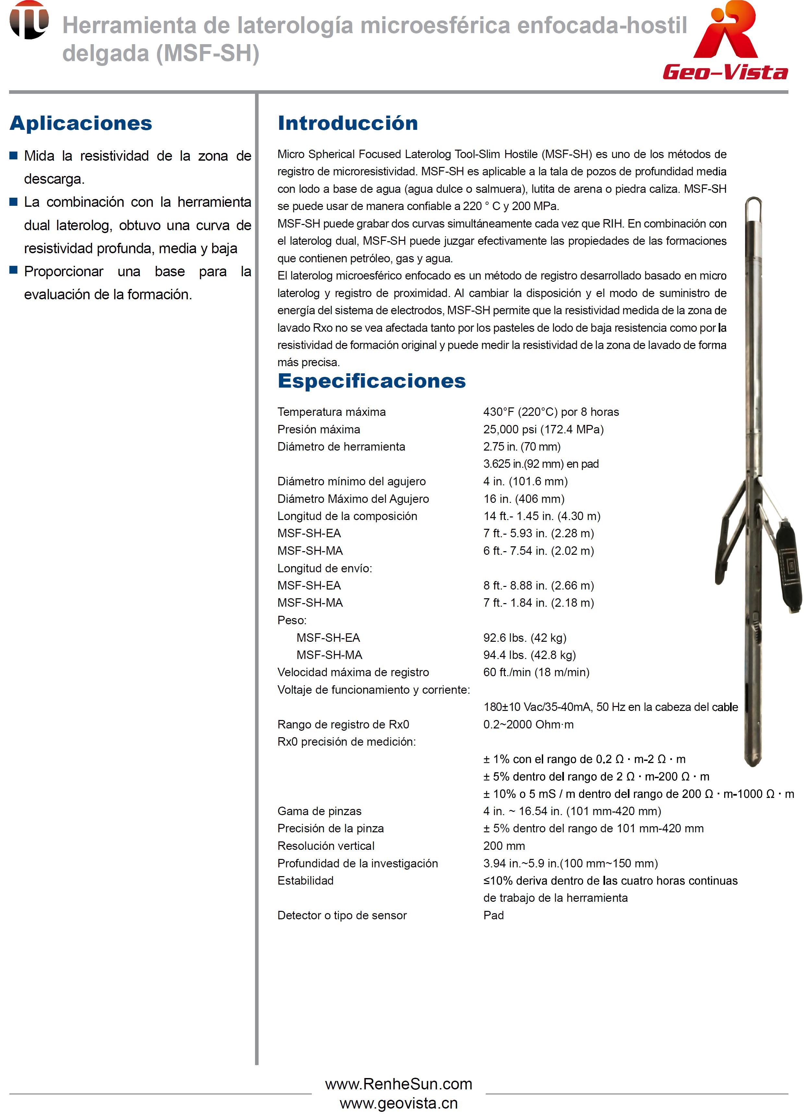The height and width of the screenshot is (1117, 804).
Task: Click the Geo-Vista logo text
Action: point(725,72)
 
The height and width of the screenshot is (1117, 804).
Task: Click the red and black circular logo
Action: point(29,20)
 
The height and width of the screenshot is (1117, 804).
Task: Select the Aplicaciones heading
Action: point(81,123)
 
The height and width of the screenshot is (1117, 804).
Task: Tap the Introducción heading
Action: point(347,123)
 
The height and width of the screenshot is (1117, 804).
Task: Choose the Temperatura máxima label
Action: point(331,412)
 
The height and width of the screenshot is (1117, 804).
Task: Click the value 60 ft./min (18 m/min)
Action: point(536,672)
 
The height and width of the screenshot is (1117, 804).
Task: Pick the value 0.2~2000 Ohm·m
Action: point(528,725)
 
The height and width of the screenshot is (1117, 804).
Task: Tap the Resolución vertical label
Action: point(326,846)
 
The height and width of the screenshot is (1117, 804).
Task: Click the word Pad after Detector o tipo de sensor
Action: point(493,915)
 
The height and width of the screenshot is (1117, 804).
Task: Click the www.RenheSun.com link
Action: point(398,1084)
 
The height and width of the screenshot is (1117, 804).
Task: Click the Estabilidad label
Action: point(305,881)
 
